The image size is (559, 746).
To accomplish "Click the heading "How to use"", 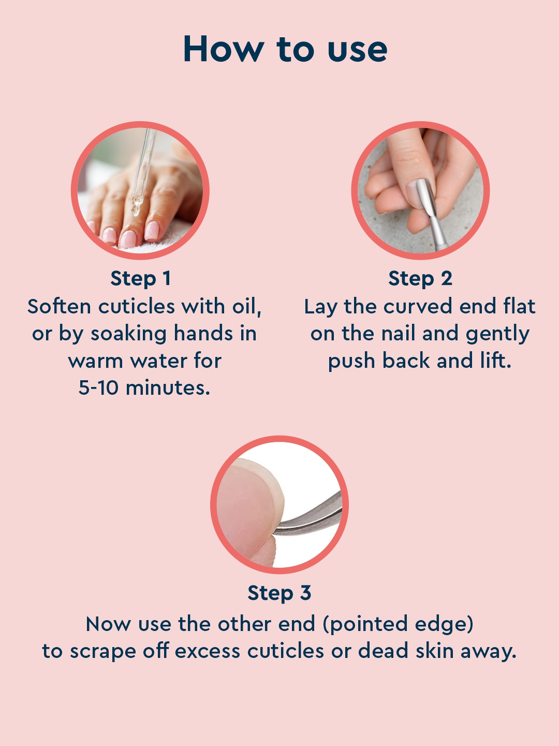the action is tap(285, 49).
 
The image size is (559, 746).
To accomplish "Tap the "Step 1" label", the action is tap(140, 278).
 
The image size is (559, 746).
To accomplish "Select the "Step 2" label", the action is tap(420, 278).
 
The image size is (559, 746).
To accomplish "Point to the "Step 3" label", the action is tap(279, 593).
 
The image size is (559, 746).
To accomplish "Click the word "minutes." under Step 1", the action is tap(168, 387).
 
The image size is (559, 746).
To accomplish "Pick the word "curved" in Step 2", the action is tap(418, 306).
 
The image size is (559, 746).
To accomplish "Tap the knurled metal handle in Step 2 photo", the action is tap(440, 242).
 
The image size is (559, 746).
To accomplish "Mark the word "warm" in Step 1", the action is tap(96, 361).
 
